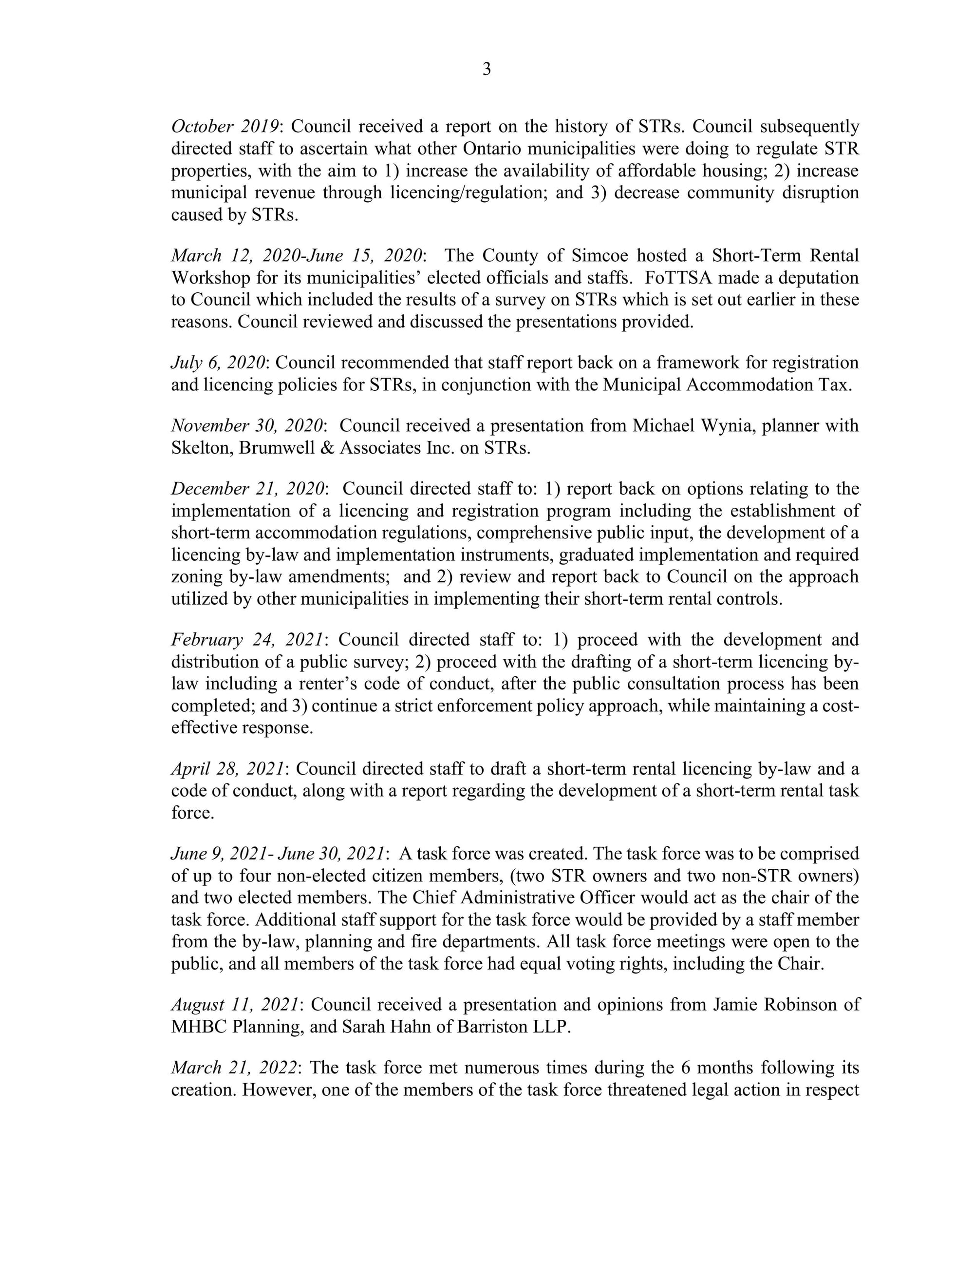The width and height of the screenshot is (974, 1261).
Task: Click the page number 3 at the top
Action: (x=487, y=69)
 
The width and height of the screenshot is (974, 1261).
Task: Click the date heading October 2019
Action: (x=225, y=127)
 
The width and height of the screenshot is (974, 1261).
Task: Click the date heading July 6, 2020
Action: (x=218, y=363)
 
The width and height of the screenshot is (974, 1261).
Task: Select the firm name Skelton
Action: (x=202, y=447)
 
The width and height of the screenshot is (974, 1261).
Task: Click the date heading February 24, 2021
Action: (x=247, y=640)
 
